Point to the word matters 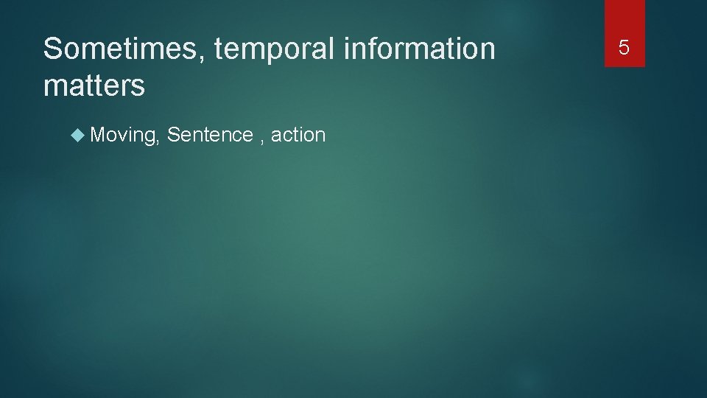(94, 86)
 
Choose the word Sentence (210, 135)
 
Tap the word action (298, 135)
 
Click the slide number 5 (625, 48)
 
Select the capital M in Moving (98, 135)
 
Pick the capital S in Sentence (174, 135)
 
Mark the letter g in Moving (150, 138)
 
